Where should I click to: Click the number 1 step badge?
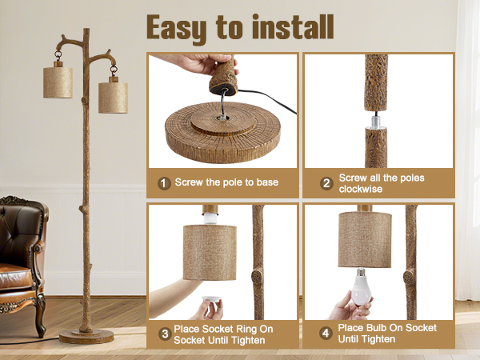[164, 183]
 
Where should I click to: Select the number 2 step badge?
[326, 183]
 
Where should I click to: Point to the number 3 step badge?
[164, 333]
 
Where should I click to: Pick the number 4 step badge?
[326, 333]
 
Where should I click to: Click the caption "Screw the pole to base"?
[227, 183]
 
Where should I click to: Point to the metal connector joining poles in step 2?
[376, 119]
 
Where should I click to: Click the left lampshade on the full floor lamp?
[58, 81]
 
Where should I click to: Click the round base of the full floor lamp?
[86, 336]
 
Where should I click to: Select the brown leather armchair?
[20, 256]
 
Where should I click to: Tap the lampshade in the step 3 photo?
[210, 250]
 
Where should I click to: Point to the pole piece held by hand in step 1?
[222, 75]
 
